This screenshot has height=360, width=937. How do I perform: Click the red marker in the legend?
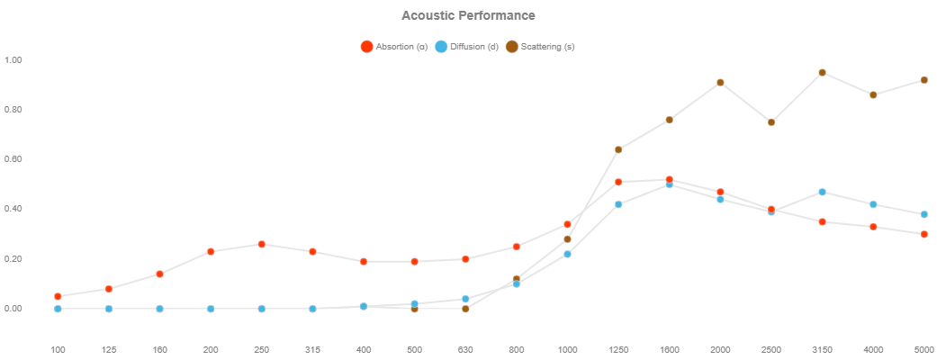coord(366,48)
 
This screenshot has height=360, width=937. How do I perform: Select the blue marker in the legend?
coord(440,48)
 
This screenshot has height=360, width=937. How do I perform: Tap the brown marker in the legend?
coord(511,47)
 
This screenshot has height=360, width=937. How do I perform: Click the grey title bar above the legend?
coord(468,14)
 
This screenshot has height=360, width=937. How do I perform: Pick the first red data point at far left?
coord(58,296)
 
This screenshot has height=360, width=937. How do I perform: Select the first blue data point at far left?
coord(58,309)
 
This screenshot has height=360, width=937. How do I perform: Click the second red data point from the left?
coord(109,289)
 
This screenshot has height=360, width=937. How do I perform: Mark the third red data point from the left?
coord(159,274)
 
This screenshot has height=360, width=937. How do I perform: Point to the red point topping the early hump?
coord(262,245)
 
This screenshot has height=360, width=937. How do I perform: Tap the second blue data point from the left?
coord(109,309)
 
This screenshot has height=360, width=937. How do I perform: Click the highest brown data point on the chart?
coord(822,72)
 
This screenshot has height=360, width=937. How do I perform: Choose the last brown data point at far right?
coord(923,80)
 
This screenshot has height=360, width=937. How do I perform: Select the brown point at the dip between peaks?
coord(770,122)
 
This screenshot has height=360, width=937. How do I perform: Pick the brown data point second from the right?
coord(872,94)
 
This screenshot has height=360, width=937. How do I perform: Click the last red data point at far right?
coord(923,234)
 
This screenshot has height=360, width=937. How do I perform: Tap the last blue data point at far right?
coord(923,214)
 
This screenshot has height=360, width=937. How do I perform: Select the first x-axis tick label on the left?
coord(60,348)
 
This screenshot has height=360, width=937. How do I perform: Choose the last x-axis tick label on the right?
coord(924,348)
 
